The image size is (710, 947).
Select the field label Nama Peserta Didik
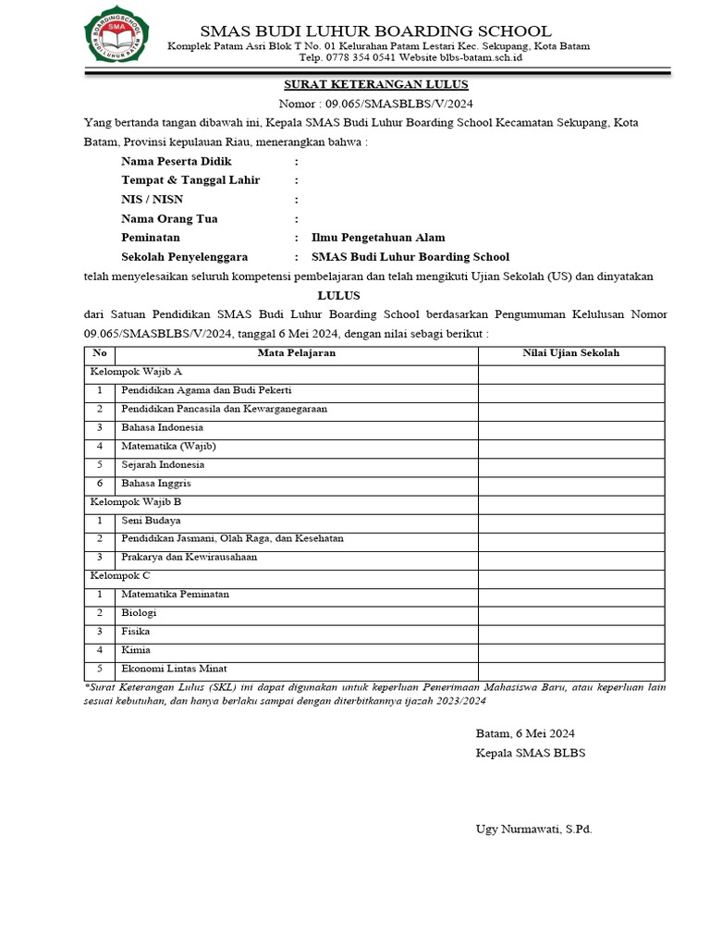176,161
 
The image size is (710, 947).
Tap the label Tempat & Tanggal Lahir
190,180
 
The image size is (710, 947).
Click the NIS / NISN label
153,200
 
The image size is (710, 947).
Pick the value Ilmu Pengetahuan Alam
378,238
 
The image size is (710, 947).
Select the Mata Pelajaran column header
296,353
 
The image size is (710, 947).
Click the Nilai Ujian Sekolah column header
570,353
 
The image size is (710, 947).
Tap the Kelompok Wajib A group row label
136,372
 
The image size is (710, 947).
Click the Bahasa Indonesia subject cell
162,427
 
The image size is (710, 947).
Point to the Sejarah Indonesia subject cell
163,464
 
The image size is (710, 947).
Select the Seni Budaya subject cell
151,520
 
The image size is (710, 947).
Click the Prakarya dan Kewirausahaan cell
189,557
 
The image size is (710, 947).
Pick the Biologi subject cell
139,612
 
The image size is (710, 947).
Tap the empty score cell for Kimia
570,650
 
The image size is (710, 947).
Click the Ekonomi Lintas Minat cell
174,669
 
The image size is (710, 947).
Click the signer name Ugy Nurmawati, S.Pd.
533,829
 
